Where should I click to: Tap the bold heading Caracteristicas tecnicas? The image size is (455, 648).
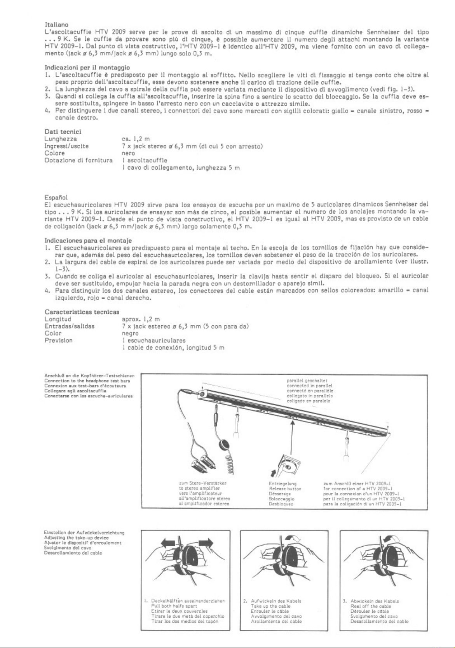click(x=82, y=312)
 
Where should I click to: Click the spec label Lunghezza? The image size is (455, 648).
click(x=61, y=139)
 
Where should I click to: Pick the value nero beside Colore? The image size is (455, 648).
click(x=128, y=153)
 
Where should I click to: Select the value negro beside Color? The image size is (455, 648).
click(x=130, y=333)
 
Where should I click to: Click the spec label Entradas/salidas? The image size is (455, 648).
click(x=70, y=326)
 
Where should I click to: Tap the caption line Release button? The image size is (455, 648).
click(x=285, y=489)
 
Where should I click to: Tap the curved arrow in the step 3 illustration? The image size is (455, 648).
click(x=392, y=539)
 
